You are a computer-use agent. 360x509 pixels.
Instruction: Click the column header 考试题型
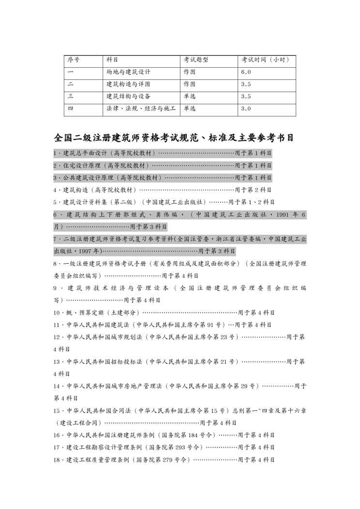click(x=195, y=60)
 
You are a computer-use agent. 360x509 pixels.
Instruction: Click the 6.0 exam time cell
click(x=246, y=72)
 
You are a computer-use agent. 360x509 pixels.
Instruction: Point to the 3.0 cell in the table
click(x=246, y=108)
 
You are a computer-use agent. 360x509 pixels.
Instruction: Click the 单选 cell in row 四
click(x=190, y=108)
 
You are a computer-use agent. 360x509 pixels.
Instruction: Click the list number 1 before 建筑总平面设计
click(x=56, y=153)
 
